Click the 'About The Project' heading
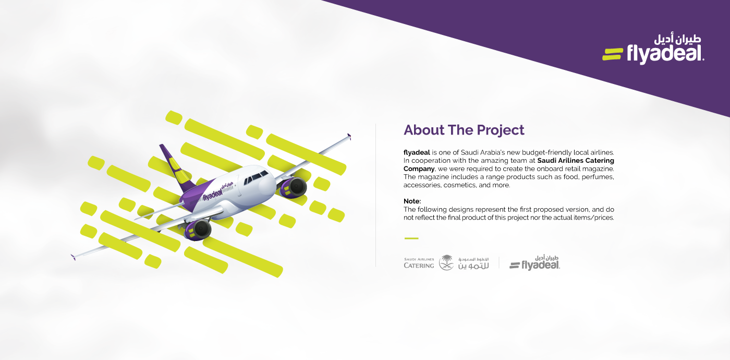[x=464, y=130]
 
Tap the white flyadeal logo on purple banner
[x=653, y=50]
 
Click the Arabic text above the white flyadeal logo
[x=677, y=39]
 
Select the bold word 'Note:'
[x=412, y=201]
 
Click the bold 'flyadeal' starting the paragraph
[x=417, y=152]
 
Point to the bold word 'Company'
[x=419, y=169]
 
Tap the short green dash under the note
[x=411, y=238]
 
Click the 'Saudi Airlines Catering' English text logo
[x=419, y=263]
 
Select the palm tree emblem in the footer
[x=446, y=262]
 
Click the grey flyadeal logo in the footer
[x=535, y=263]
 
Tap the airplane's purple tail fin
[x=176, y=166]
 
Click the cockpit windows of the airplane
[x=256, y=176]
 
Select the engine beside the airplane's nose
[x=293, y=187]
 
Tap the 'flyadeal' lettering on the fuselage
[x=213, y=195]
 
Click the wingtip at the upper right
[x=349, y=136]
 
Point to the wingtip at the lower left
[x=74, y=257]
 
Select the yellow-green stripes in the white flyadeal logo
[x=612, y=54]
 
